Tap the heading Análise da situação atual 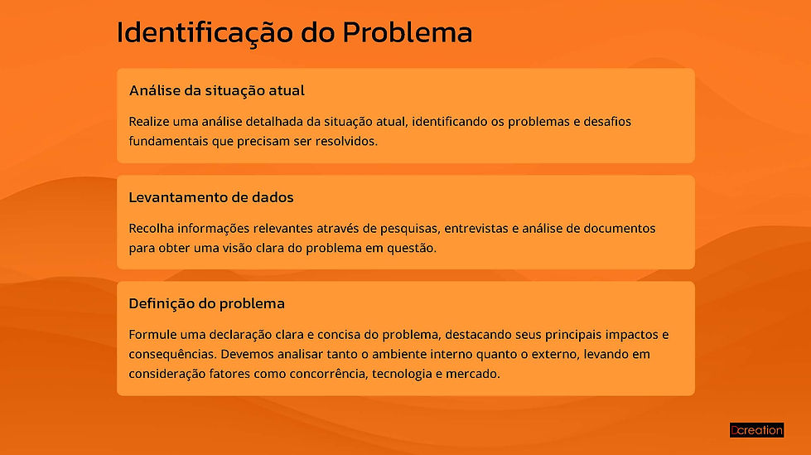coord(217,90)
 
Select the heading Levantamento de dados coord(211,197)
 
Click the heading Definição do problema coord(206,303)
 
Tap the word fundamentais coord(171,141)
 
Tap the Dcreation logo coord(756,430)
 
